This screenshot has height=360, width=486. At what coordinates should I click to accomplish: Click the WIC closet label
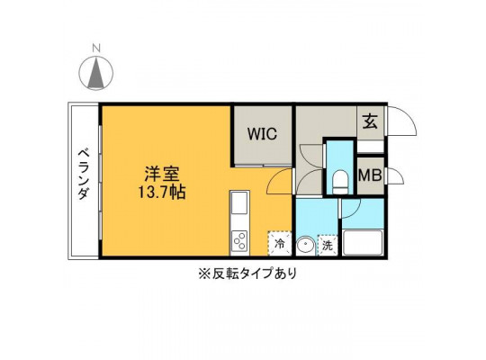pos(262,134)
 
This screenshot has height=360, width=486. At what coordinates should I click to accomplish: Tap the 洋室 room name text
pos(162,174)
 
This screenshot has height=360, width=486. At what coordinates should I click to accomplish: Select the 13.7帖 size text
pos(162,193)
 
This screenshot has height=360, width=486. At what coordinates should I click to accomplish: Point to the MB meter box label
pos(370,175)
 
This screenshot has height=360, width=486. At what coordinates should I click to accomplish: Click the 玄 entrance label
pos(370,121)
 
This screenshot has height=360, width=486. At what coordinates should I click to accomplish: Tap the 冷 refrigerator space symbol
pos(280,243)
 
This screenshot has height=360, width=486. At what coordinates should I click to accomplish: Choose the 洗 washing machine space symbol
pos(328,246)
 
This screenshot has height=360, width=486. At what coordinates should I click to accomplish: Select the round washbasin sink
pos(306,246)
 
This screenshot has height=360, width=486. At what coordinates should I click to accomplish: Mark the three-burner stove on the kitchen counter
pos(239,241)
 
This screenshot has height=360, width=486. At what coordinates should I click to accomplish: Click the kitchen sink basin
pos(239,202)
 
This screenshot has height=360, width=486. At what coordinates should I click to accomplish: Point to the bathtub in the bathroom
pos(363,243)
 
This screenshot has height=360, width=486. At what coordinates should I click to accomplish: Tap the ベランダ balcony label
pos(83,175)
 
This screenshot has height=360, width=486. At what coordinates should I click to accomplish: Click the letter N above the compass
pos(96,49)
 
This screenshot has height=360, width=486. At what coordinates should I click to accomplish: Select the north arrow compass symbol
pos(95,73)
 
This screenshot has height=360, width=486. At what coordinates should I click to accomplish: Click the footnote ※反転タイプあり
pos(247,274)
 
